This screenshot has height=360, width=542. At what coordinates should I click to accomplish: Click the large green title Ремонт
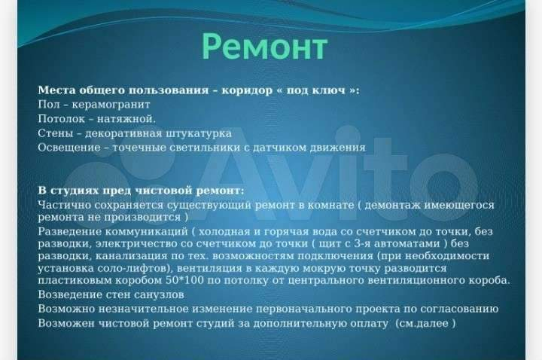[264, 47]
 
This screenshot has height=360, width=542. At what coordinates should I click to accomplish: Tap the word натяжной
[126, 119]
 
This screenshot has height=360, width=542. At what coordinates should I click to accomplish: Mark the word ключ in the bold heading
[329, 90]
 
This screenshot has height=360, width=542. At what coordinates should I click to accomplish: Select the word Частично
[65, 205]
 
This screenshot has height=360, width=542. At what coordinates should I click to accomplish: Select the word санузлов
[159, 295]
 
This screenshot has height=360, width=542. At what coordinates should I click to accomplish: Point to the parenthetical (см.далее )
[425, 324]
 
